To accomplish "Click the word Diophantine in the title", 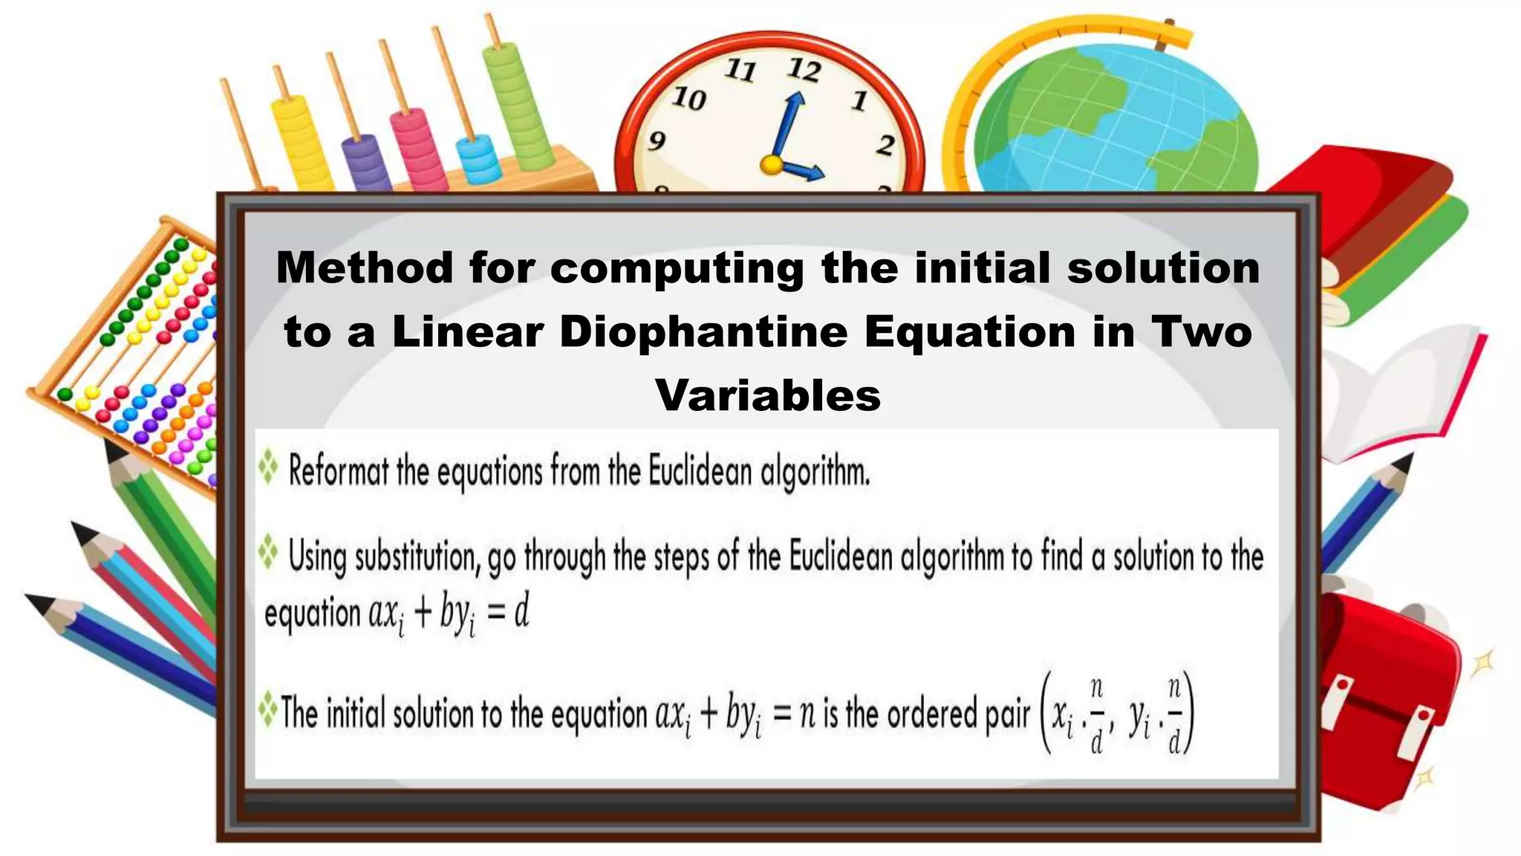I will point(703,332).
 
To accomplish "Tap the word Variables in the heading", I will point(768,395).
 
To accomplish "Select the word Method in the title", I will point(364,267).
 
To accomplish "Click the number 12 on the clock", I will point(804,70).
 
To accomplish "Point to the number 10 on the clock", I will point(688,98).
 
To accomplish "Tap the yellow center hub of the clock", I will point(772,164).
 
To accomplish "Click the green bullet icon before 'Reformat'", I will point(268,469).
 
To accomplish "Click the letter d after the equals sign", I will point(521,614).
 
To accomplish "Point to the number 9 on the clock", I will point(656,140).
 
